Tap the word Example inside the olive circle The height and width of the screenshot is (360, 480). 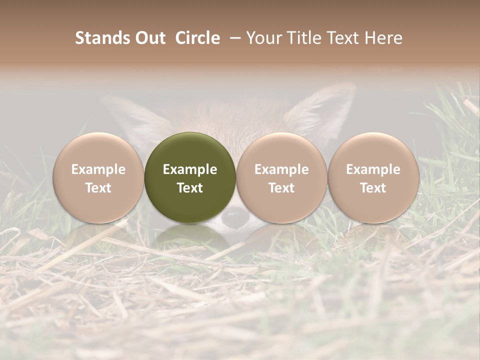point(190,169)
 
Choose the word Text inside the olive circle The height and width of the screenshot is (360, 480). point(190,188)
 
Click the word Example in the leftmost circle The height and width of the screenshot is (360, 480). point(98,169)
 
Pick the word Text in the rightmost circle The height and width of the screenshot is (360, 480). point(373,188)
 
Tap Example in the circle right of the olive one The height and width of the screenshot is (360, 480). point(281,169)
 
